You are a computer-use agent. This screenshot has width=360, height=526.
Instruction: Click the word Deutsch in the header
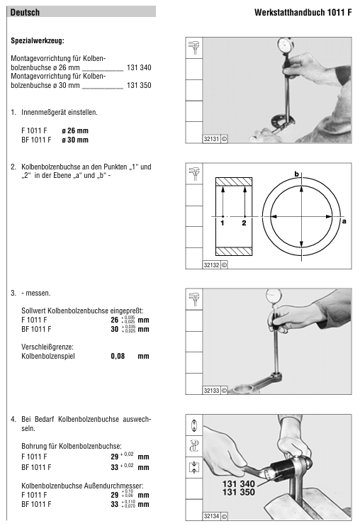coord(25,13)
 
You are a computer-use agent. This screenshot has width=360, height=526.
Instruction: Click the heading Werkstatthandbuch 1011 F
coord(303,13)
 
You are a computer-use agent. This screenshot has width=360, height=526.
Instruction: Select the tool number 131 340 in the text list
coord(139,67)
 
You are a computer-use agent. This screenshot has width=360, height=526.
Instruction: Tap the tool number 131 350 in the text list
coord(139,85)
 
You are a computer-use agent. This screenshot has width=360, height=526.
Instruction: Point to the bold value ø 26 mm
coord(75,130)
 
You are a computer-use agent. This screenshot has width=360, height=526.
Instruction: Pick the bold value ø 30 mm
coord(75,140)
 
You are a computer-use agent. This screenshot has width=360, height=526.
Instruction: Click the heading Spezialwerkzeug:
coord(38,41)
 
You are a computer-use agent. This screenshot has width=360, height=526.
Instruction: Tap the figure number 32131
coord(211,139)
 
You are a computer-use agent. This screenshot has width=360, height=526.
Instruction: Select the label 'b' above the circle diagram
coord(296,174)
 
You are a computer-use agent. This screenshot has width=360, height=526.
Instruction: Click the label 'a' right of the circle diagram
coord(344,220)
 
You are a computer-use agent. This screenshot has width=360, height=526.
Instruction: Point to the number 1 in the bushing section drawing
coord(223,223)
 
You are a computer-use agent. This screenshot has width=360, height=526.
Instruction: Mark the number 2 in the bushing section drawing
coord(244,223)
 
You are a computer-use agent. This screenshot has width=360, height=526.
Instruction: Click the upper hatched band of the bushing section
coord(234,181)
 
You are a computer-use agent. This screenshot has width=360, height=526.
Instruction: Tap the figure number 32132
coord(211,265)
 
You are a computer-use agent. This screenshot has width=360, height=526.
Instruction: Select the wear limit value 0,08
coord(118,356)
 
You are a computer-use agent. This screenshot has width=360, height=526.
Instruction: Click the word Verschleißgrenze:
coord(47,347)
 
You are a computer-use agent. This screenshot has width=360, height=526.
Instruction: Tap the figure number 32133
coord(211,391)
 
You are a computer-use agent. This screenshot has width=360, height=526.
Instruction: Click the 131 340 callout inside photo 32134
coord(239,483)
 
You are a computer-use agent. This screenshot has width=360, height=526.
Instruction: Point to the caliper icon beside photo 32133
coord(194,299)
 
